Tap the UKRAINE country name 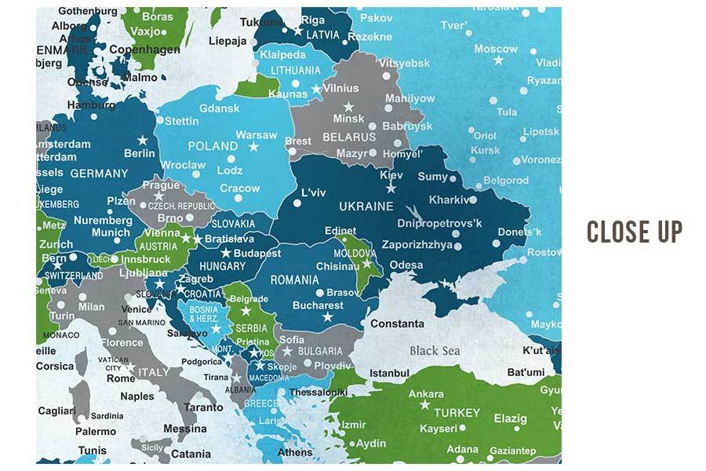366,206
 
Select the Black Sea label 435,351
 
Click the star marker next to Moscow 498,60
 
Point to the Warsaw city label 257,135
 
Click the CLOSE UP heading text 635,232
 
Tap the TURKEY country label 457,413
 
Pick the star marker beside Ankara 424,405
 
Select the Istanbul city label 390,372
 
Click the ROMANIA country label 294,279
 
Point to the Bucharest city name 318,305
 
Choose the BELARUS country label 349,137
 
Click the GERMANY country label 99,173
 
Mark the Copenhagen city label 144,49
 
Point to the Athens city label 295,452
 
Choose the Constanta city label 397,323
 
